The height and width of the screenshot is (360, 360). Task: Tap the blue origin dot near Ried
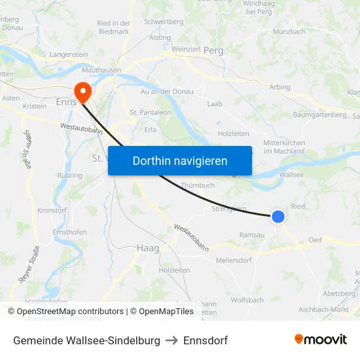tap(278, 216)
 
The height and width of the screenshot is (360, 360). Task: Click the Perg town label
tap(213, 50)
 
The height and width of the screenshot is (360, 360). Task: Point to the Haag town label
tap(148, 248)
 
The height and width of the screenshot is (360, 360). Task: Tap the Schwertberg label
tap(164, 22)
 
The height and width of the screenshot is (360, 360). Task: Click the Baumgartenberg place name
tap(321, 115)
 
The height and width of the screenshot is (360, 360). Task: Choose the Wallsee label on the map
tap(291, 175)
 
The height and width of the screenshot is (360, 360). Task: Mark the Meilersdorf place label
tap(234, 260)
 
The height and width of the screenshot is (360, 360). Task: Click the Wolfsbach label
tap(247, 300)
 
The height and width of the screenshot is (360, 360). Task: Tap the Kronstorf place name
tap(52, 211)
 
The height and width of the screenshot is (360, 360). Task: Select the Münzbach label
tap(289, 31)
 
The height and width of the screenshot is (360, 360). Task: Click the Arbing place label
tap(279, 87)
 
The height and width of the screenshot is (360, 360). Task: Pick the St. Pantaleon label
tap(151, 113)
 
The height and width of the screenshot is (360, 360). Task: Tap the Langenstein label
tap(69, 54)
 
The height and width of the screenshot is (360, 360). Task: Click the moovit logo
tap(321, 340)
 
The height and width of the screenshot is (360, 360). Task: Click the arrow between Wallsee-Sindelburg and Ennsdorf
tap(172, 341)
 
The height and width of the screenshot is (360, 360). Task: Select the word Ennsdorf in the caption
tap(206, 341)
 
